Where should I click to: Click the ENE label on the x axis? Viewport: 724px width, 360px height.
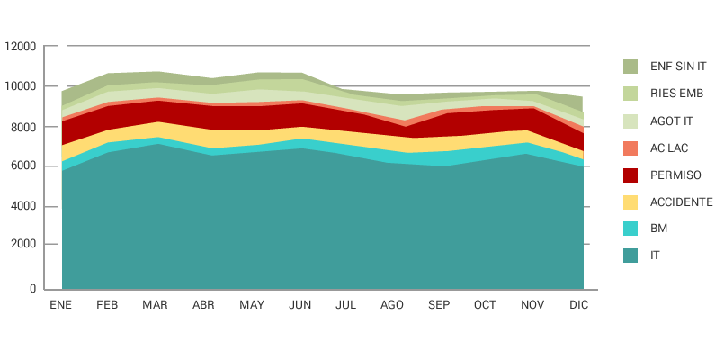tap(61, 305)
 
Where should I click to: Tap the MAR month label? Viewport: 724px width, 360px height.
tap(156, 305)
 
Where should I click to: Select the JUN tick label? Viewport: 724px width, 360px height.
tap(299, 305)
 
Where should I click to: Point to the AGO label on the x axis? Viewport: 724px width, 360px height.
tap(392, 305)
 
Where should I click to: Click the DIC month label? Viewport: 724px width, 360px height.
tap(579, 305)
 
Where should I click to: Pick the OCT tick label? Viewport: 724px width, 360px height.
tap(485, 305)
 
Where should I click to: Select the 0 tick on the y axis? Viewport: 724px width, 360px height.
tap(32, 289)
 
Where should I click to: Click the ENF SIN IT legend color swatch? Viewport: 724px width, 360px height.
tap(630, 67)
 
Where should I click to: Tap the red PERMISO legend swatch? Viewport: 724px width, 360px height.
tap(630, 175)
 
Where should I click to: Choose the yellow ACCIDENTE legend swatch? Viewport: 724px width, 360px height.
tap(630, 202)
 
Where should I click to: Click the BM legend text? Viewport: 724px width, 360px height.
tap(658, 229)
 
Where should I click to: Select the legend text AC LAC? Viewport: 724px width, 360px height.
tap(669, 148)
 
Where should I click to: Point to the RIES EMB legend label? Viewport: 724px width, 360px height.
tap(677, 94)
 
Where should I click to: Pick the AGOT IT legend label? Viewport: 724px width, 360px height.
tap(672, 121)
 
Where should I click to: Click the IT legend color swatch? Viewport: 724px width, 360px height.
tap(630, 256)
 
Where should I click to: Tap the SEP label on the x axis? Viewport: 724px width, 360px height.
tap(439, 305)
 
